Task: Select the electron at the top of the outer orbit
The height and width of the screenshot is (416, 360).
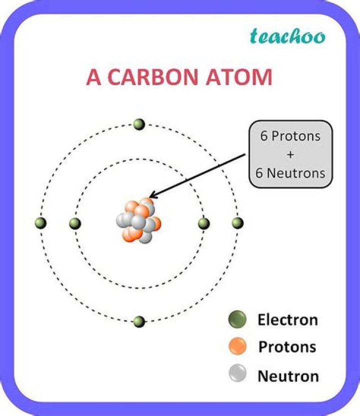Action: [x=139, y=124]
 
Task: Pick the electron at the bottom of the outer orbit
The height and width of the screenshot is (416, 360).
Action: [x=139, y=321]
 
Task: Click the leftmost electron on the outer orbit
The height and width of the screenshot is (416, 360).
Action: [x=41, y=223]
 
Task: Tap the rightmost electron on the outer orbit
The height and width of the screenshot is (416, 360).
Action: [x=237, y=223]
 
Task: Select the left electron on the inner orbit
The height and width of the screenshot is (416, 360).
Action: [x=75, y=223]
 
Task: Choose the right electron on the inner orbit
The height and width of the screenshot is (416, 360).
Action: [x=203, y=223]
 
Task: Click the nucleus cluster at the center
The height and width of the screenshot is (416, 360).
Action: [x=138, y=222]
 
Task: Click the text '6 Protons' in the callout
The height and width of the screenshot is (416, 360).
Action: [x=290, y=137]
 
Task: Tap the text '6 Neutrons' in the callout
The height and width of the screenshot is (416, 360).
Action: [x=290, y=173]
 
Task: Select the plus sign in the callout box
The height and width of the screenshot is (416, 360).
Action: [x=290, y=155]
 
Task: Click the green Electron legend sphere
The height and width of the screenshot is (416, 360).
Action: [x=236, y=319]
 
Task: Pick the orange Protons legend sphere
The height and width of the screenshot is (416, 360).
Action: [x=236, y=346]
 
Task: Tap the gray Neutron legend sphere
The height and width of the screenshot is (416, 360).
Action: [x=236, y=374]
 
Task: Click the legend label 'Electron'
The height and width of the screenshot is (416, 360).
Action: [x=287, y=320]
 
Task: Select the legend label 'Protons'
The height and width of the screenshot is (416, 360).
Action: [x=287, y=347]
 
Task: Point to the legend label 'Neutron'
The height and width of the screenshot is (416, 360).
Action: [x=288, y=375]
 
